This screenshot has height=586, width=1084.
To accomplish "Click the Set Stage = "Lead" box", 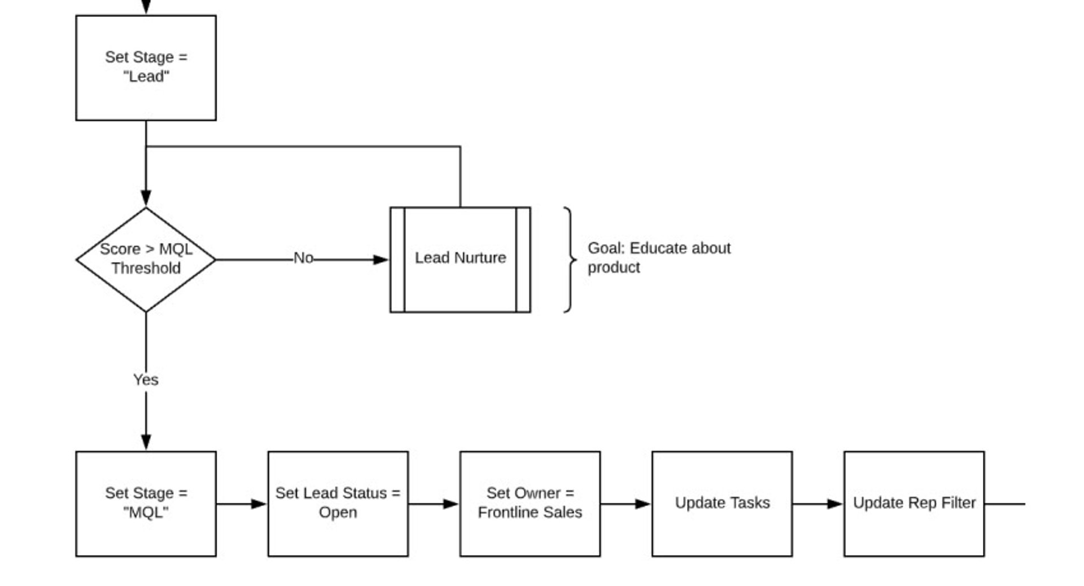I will [146, 68].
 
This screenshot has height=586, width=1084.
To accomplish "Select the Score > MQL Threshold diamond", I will [146, 259].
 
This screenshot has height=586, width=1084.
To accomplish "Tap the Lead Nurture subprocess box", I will [460, 259].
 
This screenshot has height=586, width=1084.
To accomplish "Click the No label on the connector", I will [303, 258].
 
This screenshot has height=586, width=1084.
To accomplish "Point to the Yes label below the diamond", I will [146, 380].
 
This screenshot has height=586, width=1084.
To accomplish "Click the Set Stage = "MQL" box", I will [146, 504].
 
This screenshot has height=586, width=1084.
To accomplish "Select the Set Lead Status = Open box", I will [338, 504].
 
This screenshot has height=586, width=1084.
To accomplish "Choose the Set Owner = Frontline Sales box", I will [530, 504].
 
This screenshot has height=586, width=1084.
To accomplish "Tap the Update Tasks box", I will [722, 504].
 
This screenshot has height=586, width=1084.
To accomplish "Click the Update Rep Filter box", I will [913, 504].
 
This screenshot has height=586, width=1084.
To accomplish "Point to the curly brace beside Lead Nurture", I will [570, 259].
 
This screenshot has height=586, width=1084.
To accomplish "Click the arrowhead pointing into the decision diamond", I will [146, 198].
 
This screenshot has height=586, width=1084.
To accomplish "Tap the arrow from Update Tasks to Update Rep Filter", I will [818, 504].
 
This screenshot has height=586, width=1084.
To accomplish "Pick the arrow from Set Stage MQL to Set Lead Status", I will [242, 504].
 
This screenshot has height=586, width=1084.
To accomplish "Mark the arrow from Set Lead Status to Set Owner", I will [434, 504].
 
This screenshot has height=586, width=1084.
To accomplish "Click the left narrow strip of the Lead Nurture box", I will [397, 259].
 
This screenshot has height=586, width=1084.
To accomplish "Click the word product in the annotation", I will [614, 268].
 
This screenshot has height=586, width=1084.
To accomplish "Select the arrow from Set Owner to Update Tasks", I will [626, 504].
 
